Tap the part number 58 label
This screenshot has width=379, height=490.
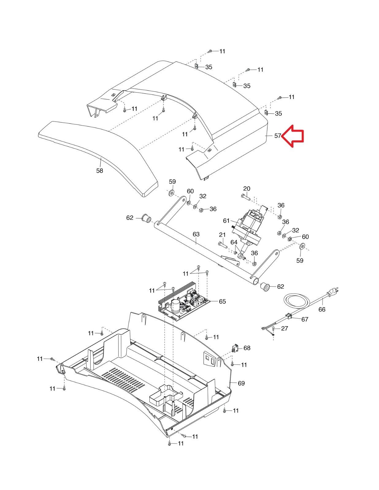click(x=100, y=171)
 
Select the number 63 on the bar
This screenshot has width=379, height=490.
click(x=196, y=234)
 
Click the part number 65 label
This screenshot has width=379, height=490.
click(x=222, y=301)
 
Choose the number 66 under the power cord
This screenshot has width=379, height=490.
click(x=322, y=309)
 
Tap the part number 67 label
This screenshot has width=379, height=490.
click(x=304, y=319)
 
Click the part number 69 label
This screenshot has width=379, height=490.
click(x=241, y=383)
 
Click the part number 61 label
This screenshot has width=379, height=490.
click(x=226, y=221)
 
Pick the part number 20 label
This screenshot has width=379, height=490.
click(x=247, y=189)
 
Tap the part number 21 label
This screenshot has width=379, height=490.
click(x=222, y=235)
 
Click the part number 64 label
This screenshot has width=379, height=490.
click(x=234, y=242)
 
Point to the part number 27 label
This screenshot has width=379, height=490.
click(x=285, y=328)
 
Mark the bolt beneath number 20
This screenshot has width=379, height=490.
click(x=246, y=198)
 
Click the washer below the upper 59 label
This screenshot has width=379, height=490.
click(x=171, y=193)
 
